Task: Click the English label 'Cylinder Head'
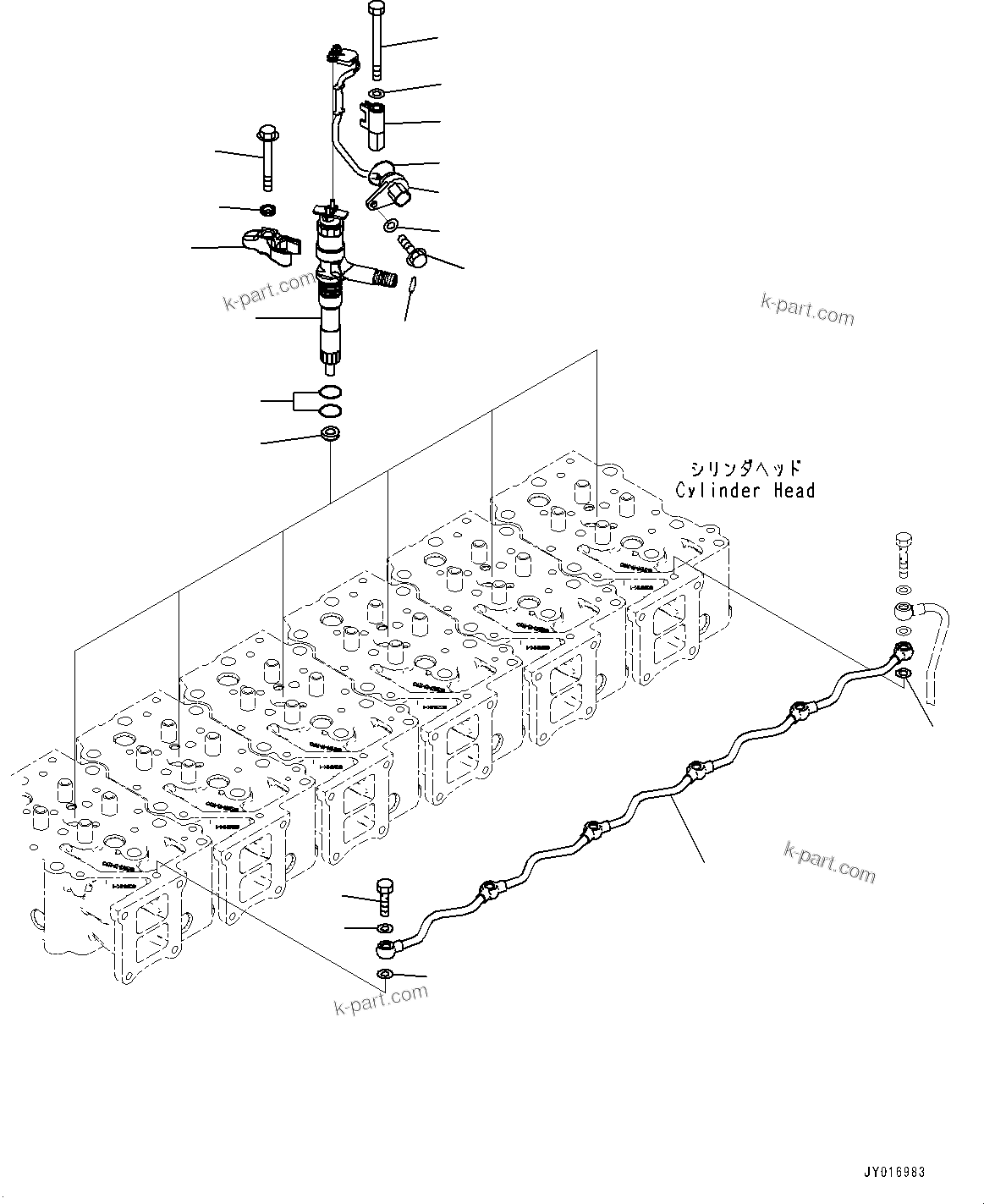(745, 491)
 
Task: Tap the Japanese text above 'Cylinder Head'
(744, 468)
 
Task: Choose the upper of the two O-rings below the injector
(332, 393)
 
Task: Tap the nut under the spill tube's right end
(904, 673)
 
